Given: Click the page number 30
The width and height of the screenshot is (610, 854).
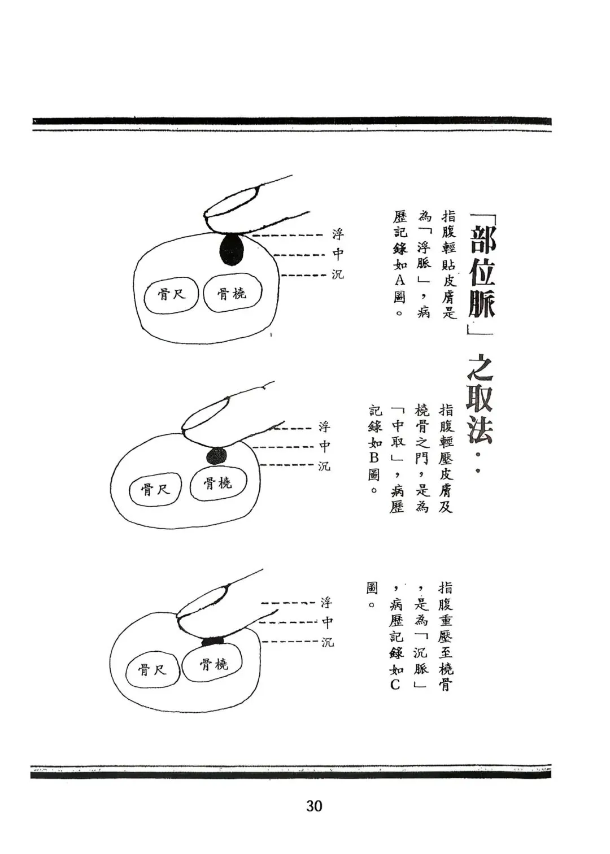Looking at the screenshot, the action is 314,805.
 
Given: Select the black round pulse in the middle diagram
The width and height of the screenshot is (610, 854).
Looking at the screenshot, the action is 216,455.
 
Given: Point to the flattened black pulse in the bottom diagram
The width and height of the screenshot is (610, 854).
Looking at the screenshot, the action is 213,640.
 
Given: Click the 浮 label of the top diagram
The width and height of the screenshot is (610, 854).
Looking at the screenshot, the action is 337,234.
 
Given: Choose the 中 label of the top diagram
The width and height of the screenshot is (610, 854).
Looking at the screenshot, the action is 337,255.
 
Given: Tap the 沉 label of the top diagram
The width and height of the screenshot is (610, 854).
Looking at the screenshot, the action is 337,275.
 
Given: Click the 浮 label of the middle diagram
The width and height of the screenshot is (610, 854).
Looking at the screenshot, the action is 324,426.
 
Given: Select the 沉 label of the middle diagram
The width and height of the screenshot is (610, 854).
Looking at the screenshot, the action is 324,467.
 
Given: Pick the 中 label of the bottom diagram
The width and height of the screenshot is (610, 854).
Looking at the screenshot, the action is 327,622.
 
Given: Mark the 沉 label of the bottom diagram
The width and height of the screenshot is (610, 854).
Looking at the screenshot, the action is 327,642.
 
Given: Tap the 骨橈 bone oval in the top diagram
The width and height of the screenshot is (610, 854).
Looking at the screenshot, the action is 232,293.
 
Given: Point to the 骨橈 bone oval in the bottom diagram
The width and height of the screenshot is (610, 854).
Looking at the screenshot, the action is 213,665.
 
